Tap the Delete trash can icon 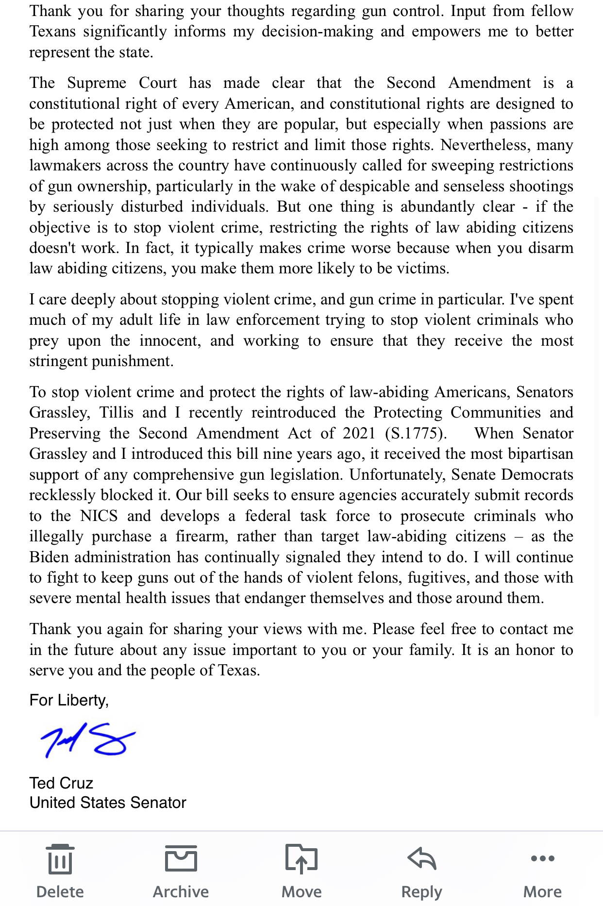pos(60,859)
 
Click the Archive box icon pos(181,858)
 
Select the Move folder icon pos(301,858)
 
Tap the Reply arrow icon pos(421,858)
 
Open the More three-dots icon pos(542,858)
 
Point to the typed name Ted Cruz pos(61,783)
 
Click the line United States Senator pos(108,803)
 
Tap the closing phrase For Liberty pos(69,700)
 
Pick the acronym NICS pos(99,516)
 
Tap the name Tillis pos(117,413)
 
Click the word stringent pos(59,361)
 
